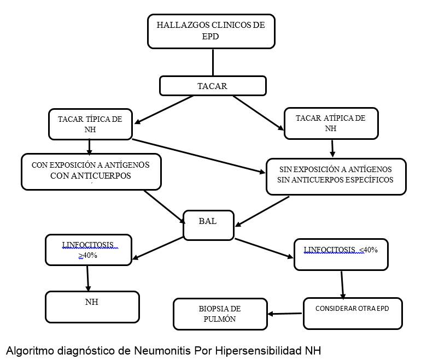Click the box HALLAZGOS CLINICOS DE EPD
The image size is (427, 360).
coord(210,32)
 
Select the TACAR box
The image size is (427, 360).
coord(212,86)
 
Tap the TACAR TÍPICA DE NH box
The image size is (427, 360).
coord(90,123)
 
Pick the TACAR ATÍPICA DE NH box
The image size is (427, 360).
coord(331,123)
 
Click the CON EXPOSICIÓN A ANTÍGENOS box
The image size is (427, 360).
coord(91,171)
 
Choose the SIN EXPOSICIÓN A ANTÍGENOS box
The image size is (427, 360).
coord(336,176)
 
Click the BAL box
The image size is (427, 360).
coord(208,225)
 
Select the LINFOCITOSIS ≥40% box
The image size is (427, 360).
coord(89,250)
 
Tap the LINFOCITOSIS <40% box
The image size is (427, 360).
coord(341,254)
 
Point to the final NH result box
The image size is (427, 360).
coord(92,306)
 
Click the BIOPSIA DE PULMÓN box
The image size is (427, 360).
coord(220,314)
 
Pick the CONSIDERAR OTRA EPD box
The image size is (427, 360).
coord(352,313)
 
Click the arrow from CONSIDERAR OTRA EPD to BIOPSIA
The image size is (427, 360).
coord(285,314)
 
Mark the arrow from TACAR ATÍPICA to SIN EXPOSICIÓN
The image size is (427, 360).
coord(332,148)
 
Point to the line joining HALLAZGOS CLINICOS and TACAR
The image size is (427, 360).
coord(212,62)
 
